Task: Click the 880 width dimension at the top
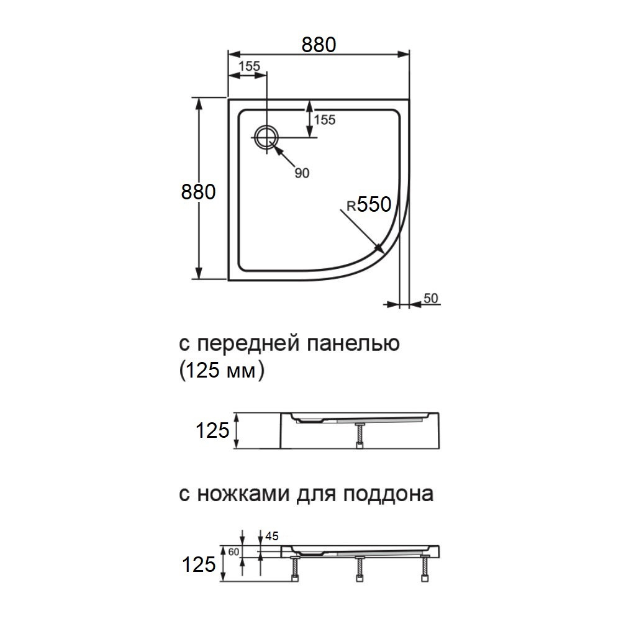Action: coord(319,45)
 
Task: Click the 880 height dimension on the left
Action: coord(198,192)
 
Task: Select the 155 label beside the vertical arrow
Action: coord(324,119)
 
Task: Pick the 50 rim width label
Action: coord(431,298)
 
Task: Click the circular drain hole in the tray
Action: coord(266,135)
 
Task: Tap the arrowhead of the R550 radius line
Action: coord(379,250)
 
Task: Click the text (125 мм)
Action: coord(217,371)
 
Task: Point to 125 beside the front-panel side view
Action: coord(213,430)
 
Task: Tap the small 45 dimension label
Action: coord(271,536)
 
